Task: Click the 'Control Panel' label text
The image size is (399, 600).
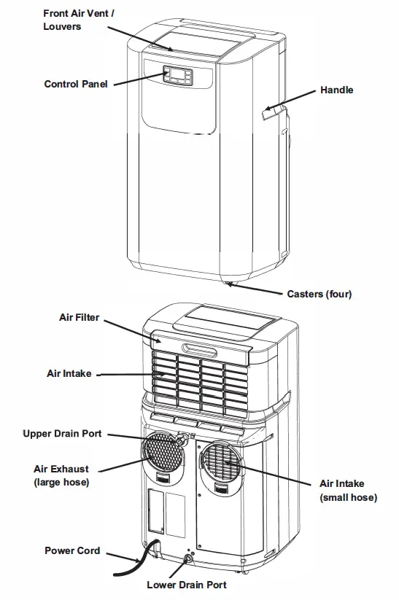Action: point(76,84)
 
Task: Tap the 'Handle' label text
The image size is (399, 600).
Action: point(336,90)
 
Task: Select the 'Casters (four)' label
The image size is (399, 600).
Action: point(319,294)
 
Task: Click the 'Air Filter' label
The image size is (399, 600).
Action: point(79,318)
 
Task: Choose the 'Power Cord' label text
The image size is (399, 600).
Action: point(72,550)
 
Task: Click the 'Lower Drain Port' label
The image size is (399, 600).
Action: point(187,585)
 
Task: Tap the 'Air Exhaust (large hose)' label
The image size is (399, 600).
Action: point(61,475)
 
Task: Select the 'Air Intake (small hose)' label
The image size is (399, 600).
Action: point(348,490)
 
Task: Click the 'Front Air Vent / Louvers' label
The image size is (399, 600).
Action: point(74,20)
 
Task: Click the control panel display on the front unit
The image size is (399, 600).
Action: point(178,75)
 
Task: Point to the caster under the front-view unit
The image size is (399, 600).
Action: point(228,283)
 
